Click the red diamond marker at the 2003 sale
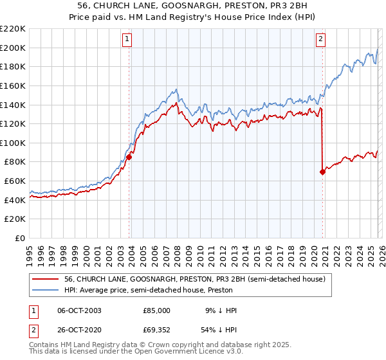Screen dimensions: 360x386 (129, 156)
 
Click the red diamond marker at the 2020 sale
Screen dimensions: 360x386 (322, 172)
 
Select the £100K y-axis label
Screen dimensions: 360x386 (13, 143)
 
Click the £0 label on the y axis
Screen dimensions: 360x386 (21, 239)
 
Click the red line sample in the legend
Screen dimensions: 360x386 (45, 279)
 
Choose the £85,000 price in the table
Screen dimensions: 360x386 (156, 310)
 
